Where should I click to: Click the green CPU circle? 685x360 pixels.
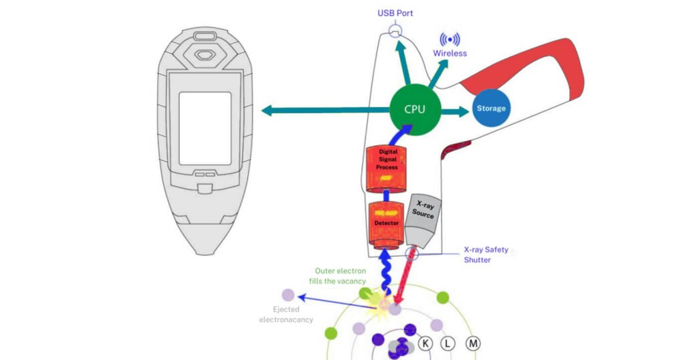click(x=415, y=109)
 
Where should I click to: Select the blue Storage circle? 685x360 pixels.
click(x=490, y=108)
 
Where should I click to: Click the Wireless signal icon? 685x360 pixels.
click(x=450, y=39)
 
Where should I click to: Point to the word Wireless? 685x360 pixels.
click(x=450, y=53)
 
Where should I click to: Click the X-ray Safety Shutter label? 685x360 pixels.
click(x=486, y=255)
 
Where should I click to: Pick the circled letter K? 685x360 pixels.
click(x=425, y=344)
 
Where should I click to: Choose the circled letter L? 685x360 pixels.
click(x=448, y=344)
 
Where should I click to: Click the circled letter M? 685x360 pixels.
click(x=473, y=344)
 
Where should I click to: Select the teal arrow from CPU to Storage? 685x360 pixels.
click(x=455, y=109)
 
